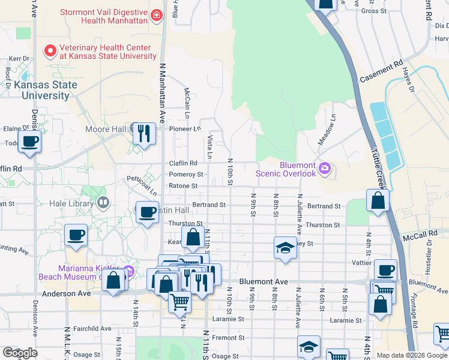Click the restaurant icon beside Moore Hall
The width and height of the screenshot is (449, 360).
[x=143, y=133]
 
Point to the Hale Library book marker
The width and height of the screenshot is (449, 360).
[x=103, y=203]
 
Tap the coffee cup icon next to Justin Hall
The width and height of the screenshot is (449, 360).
[x=147, y=213]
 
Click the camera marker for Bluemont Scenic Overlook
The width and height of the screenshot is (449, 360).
[x=325, y=167]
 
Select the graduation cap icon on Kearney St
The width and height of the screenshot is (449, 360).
[x=285, y=247]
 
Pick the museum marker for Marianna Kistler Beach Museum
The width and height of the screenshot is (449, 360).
[x=128, y=271]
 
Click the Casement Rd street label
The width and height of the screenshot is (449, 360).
[x=381, y=72]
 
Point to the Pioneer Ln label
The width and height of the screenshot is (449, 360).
[x=185, y=128]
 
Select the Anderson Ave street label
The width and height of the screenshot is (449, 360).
[x=67, y=294]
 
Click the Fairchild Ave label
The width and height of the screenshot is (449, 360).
[x=92, y=329]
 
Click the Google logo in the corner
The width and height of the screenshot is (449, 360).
[x=20, y=353]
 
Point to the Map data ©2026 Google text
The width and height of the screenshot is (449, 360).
[x=412, y=355]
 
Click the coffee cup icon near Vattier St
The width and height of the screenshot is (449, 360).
[x=385, y=269]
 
